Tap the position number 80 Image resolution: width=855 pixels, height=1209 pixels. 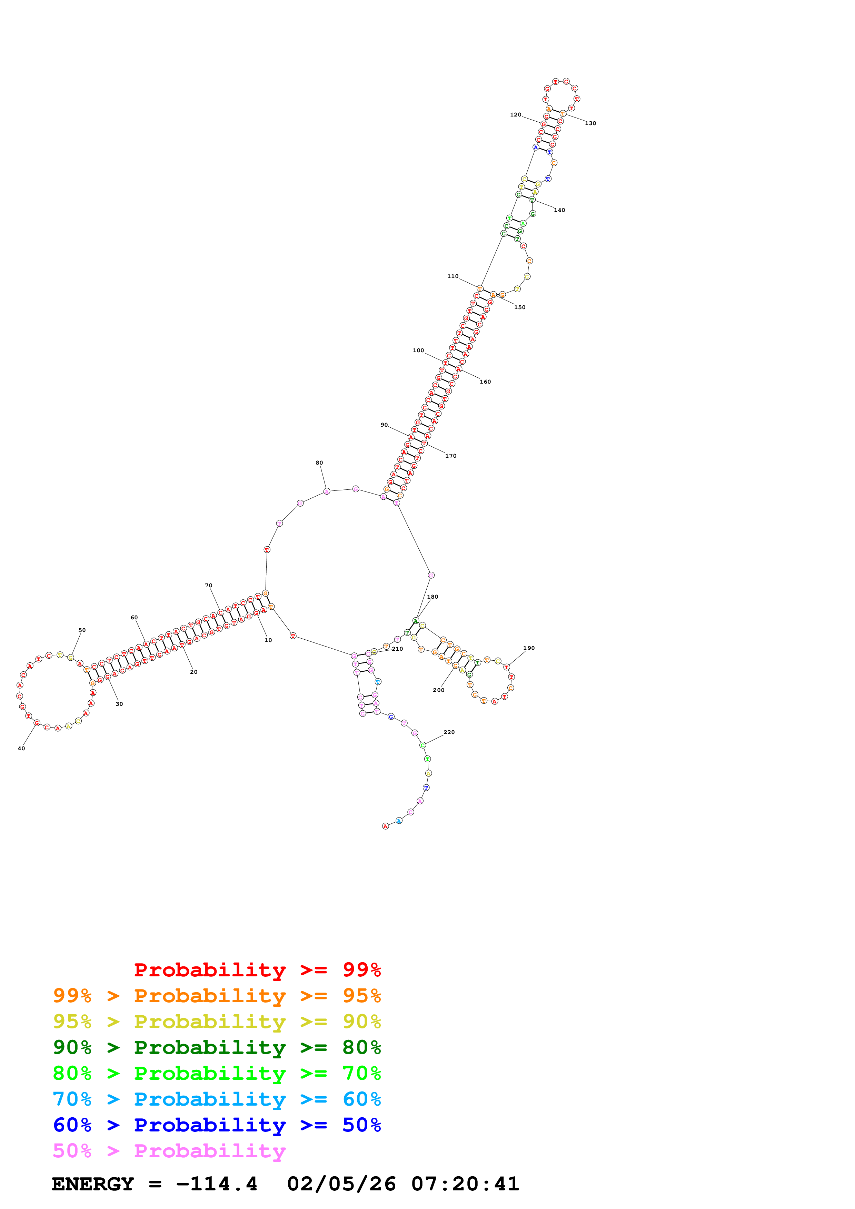click(x=319, y=463)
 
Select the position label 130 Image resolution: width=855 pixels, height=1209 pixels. click(x=590, y=123)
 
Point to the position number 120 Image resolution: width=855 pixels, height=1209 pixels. click(x=515, y=115)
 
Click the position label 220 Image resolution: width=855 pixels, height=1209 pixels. click(x=449, y=732)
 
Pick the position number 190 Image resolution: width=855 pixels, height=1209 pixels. click(x=529, y=648)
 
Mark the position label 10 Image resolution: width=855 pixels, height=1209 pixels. click(x=268, y=640)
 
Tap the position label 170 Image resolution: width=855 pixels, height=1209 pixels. click(x=450, y=456)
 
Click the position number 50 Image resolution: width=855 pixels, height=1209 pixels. click(x=82, y=630)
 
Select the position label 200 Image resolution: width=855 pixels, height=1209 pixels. click(x=438, y=690)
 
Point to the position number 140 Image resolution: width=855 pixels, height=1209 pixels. click(x=559, y=210)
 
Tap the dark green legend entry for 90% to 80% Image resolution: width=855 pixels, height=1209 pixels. click(x=217, y=1047)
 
